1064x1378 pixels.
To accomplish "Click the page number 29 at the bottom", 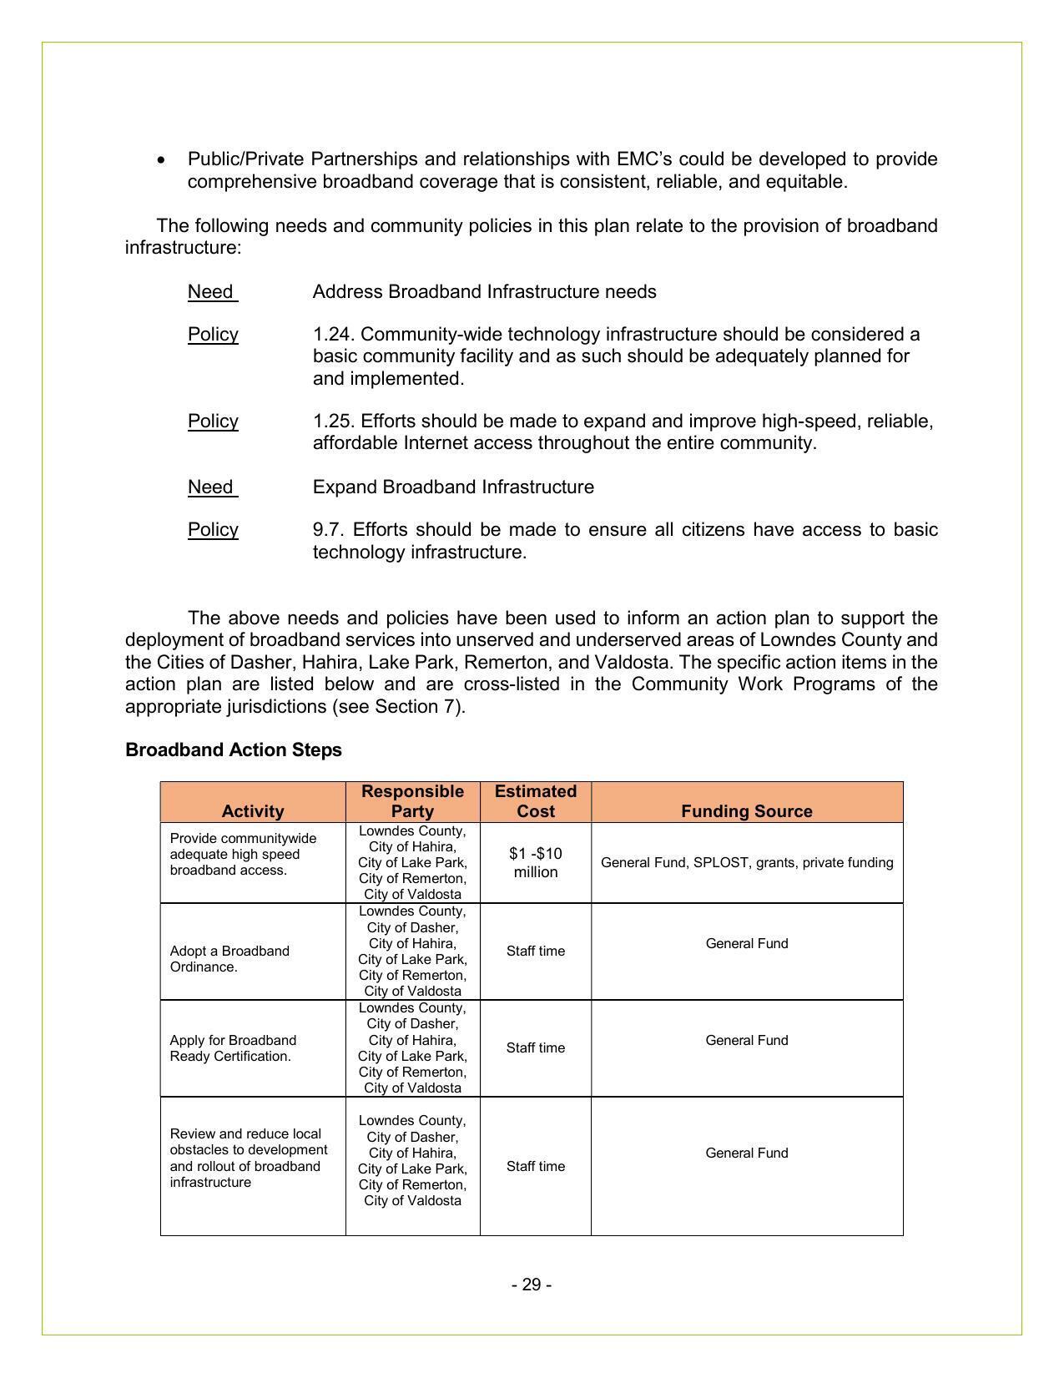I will [x=532, y=1285].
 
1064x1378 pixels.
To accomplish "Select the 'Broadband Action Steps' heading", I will [x=234, y=750].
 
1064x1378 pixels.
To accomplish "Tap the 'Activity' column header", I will [x=253, y=810].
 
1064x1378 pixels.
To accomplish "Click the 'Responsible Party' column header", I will [x=412, y=801].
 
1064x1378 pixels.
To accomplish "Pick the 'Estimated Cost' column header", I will [x=535, y=801].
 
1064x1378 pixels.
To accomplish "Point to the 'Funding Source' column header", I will [x=746, y=810].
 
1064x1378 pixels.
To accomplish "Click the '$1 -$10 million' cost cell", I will [x=535, y=862].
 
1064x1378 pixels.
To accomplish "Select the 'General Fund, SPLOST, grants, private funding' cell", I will [x=746, y=862].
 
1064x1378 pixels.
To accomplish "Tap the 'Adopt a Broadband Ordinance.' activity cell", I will [x=229, y=959].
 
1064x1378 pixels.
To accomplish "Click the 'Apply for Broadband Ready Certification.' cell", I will [x=232, y=1047].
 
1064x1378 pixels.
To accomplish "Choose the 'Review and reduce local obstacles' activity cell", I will [x=248, y=1158].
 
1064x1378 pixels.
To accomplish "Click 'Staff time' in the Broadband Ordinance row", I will [x=535, y=951].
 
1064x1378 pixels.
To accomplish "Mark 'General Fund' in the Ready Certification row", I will [x=746, y=1040].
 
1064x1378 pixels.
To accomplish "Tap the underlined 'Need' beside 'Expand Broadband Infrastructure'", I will [x=210, y=487].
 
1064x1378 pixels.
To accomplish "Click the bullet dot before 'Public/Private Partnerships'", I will [x=162, y=159].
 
